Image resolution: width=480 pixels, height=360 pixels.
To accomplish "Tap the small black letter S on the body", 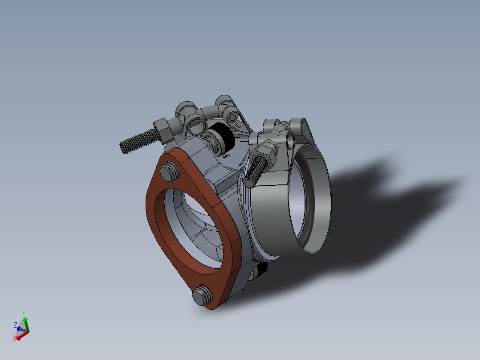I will (x=225, y=156).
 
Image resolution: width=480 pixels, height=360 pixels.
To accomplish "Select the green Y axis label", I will (x=23, y=312).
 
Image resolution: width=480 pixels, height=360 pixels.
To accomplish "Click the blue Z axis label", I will (x=16, y=325).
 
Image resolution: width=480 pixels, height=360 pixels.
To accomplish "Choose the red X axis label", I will (x=15, y=339).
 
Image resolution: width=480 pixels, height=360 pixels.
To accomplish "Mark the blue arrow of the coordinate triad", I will (x=19, y=329).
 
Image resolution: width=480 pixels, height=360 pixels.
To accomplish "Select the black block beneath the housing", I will (x=262, y=269).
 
